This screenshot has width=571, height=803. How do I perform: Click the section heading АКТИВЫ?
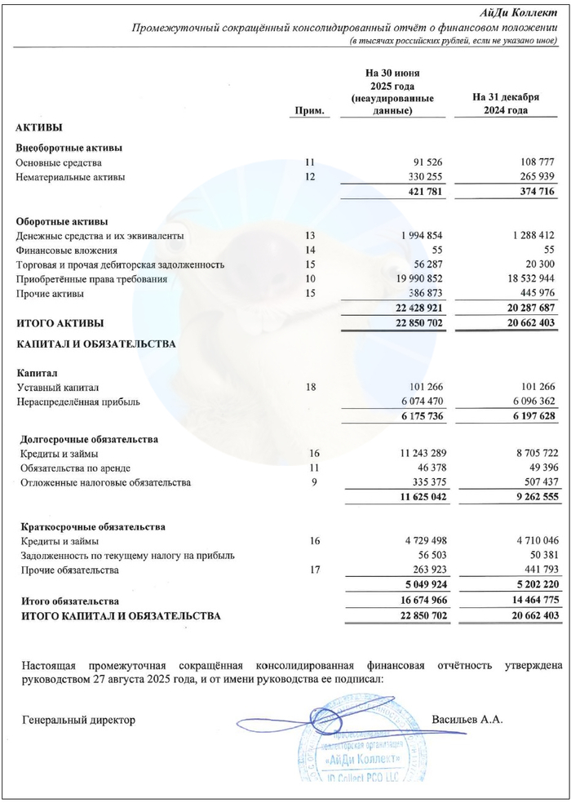pos(39,128)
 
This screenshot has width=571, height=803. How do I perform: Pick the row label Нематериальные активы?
pos(71,177)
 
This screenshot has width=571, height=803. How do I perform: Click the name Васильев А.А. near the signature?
pos(467,720)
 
